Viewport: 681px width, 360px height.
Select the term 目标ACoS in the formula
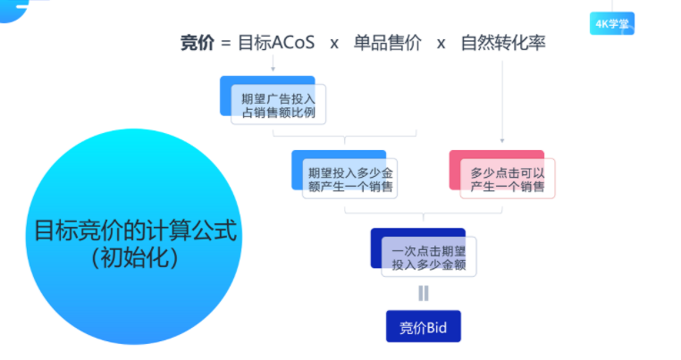(x=276, y=43)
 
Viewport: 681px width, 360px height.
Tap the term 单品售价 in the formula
(x=387, y=43)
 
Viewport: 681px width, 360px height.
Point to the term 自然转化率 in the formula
(x=502, y=43)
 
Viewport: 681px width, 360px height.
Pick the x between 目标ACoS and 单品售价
(x=333, y=44)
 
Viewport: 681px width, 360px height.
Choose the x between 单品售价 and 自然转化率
(x=441, y=44)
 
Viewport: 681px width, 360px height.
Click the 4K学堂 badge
(x=611, y=23)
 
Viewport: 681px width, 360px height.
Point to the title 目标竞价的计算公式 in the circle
(x=136, y=231)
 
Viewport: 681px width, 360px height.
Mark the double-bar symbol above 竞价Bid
(x=424, y=293)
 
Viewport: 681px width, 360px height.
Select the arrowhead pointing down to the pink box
(x=501, y=140)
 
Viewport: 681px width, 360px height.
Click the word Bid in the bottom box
(x=435, y=327)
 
